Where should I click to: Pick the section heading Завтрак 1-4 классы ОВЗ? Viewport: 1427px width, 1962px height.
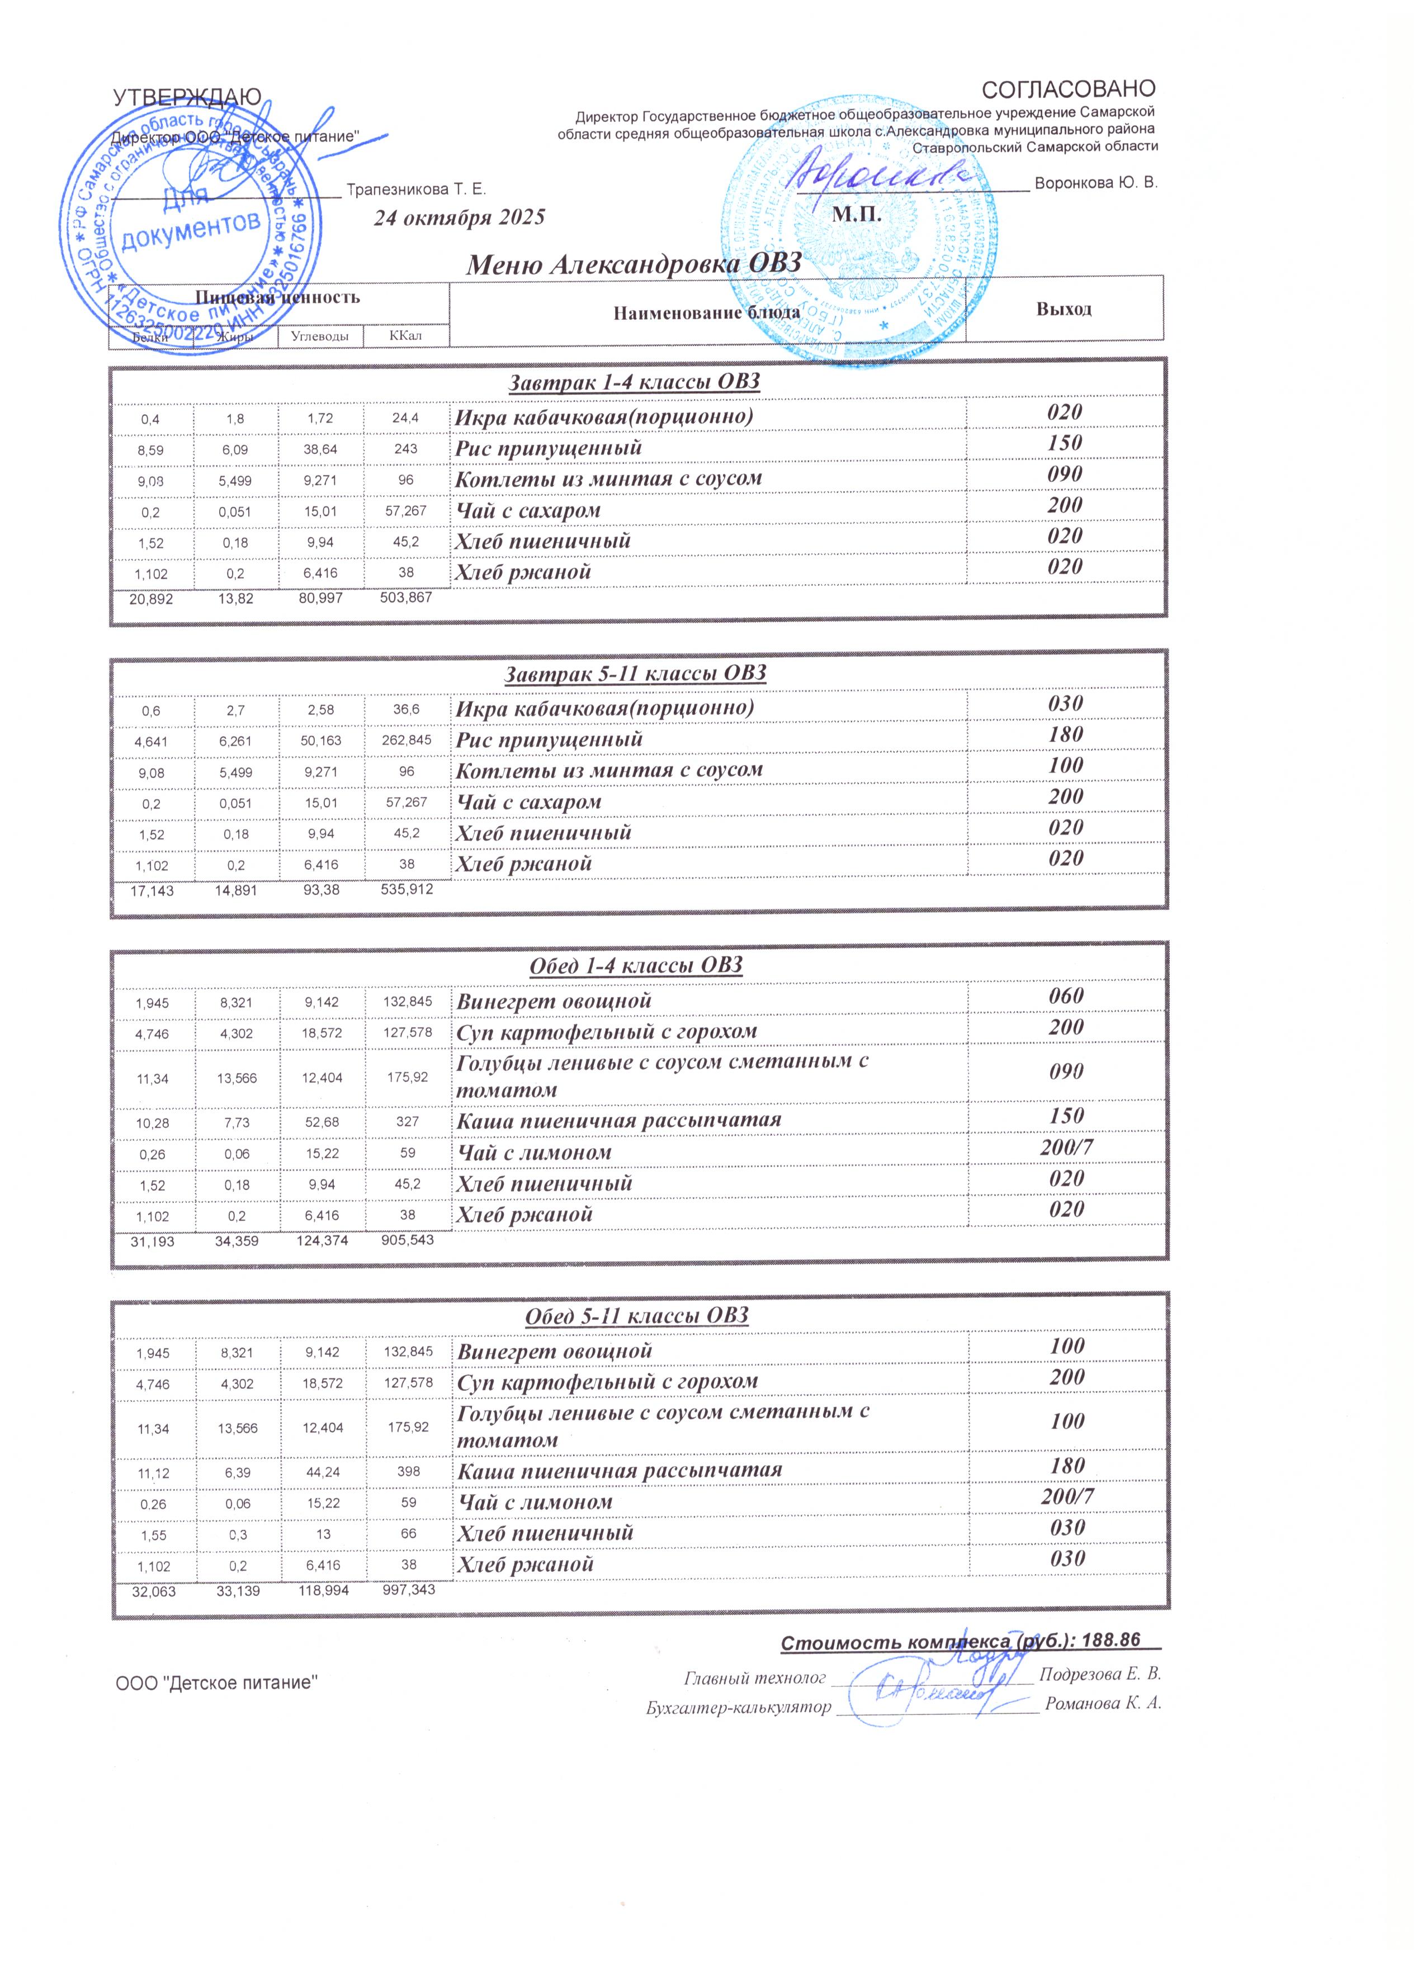[x=634, y=381]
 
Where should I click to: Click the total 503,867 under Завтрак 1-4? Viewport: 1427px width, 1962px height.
[x=406, y=597]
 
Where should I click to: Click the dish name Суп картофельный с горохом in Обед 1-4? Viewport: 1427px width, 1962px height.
[x=607, y=1031]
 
